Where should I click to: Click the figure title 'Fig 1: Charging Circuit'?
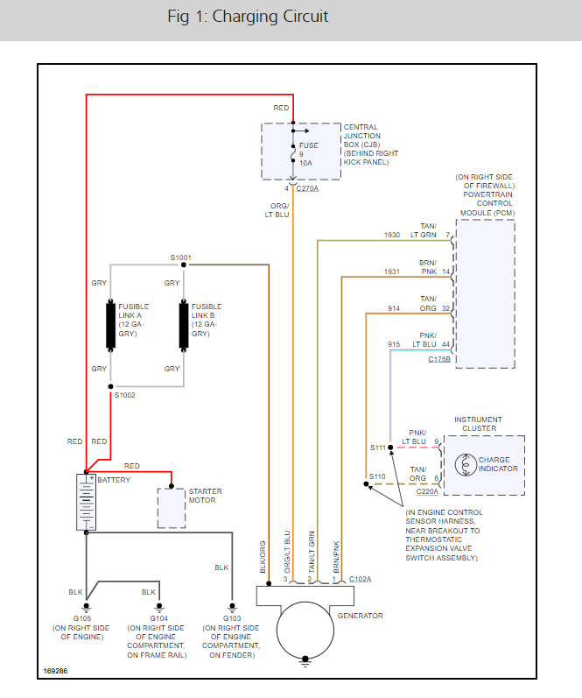pyautogui.click(x=248, y=17)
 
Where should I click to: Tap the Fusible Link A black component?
pyautogui.click(x=111, y=326)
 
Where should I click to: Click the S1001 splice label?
pyautogui.click(x=181, y=257)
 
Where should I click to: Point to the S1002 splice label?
pyautogui.click(x=126, y=396)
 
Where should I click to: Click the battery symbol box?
pyautogui.click(x=87, y=502)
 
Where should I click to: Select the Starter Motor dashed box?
pyautogui.click(x=171, y=508)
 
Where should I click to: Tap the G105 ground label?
pyautogui.click(x=87, y=617)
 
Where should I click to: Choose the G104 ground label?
pyautogui.click(x=159, y=617)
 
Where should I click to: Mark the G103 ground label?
pyautogui.click(x=231, y=617)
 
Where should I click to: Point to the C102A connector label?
pyautogui.click(x=360, y=579)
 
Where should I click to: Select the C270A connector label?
pyautogui.click(x=307, y=188)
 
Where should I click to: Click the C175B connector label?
pyautogui.click(x=439, y=360)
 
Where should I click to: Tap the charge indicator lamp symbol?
pyautogui.click(x=463, y=464)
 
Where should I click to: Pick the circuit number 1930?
pyautogui.click(x=392, y=235)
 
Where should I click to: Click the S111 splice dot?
pyautogui.click(x=391, y=447)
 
